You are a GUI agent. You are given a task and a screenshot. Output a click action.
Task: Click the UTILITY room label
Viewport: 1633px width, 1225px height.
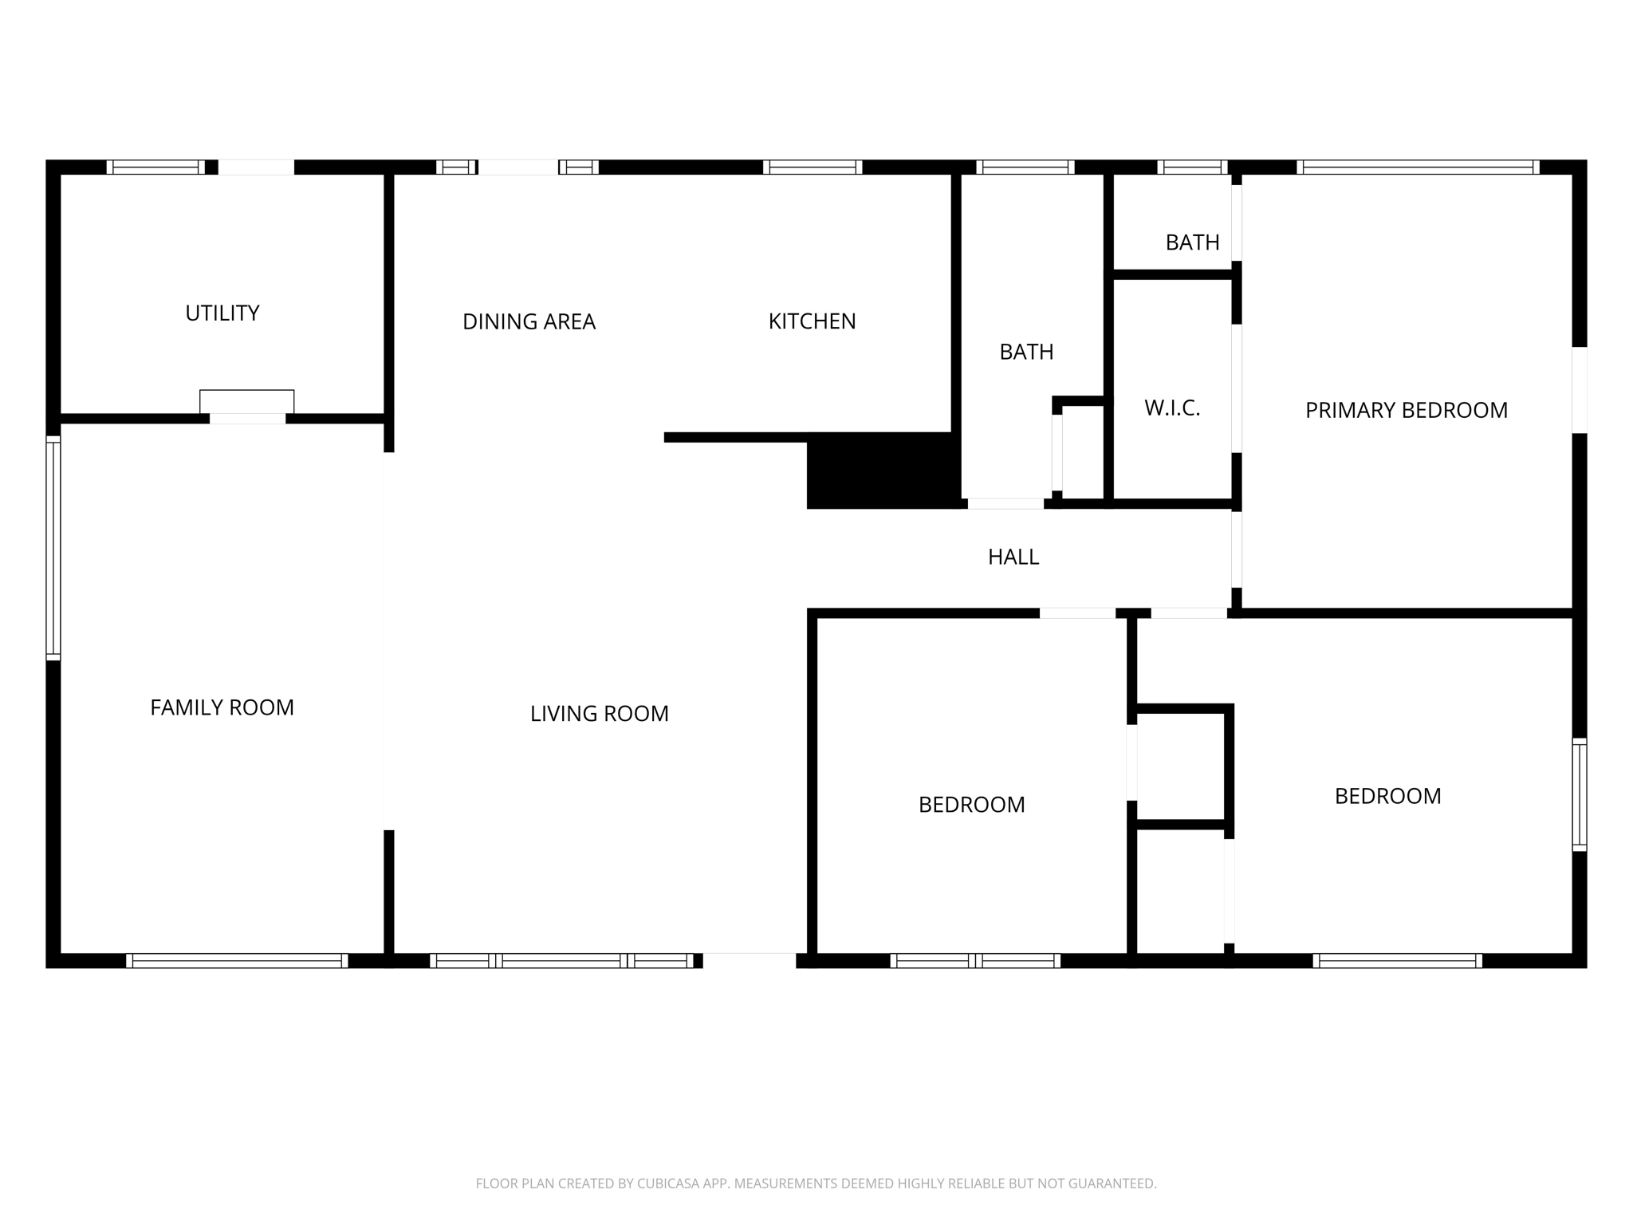pyautogui.click(x=222, y=313)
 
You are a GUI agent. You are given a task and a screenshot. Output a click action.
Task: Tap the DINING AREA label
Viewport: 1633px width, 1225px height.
pyautogui.click(x=529, y=321)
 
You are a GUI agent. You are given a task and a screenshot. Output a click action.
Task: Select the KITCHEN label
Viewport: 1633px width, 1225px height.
pyautogui.click(x=812, y=321)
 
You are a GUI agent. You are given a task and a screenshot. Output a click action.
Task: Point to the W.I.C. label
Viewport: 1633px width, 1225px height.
pyautogui.click(x=1171, y=408)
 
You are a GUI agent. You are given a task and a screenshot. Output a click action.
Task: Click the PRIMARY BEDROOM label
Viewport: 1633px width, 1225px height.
pyautogui.click(x=1406, y=411)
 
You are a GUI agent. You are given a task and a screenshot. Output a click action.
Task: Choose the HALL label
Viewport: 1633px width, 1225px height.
pyautogui.click(x=1013, y=557)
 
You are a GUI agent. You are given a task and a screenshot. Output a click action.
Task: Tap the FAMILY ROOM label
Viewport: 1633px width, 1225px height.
pyautogui.click(x=222, y=707)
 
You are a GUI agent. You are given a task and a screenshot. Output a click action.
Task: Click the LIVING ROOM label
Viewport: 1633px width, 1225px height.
pyautogui.click(x=599, y=714)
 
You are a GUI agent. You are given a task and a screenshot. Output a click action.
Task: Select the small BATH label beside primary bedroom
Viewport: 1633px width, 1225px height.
pyautogui.click(x=1192, y=242)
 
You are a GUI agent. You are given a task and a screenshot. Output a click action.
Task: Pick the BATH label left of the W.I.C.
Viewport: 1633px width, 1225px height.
pyautogui.click(x=1026, y=352)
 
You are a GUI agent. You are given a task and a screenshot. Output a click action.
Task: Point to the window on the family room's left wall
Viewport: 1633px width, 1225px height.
pyautogui.click(x=53, y=548)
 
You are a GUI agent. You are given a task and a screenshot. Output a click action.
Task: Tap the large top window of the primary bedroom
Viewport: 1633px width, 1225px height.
pyautogui.click(x=1417, y=167)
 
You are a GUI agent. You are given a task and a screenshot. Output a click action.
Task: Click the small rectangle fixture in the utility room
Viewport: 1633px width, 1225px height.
pyautogui.click(x=246, y=401)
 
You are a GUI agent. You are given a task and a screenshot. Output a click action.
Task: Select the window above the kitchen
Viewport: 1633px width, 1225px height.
pyautogui.click(x=812, y=167)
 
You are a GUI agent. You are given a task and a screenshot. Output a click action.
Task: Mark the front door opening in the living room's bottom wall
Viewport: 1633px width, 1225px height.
pyautogui.click(x=749, y=960)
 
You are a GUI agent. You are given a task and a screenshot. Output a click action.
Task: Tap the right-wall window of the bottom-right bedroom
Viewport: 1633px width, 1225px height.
pyautogui.click(x=1579, y=794)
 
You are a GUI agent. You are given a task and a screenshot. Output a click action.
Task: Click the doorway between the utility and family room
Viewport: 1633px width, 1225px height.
pyautogui.click(x=247, y=419)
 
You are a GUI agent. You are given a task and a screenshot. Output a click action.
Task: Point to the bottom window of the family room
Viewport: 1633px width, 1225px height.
pyautogui.click(x=237, y=961)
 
